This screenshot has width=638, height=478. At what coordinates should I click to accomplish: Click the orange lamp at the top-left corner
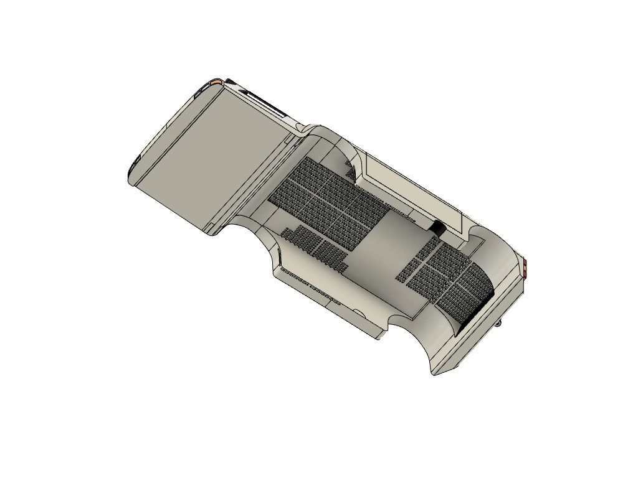click(216, 82)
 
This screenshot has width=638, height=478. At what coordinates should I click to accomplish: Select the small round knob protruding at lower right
click(500, 323)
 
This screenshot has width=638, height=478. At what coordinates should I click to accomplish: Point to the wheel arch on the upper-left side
click(336, 149)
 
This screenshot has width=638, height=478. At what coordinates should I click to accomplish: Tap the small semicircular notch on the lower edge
click(359, 311)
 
